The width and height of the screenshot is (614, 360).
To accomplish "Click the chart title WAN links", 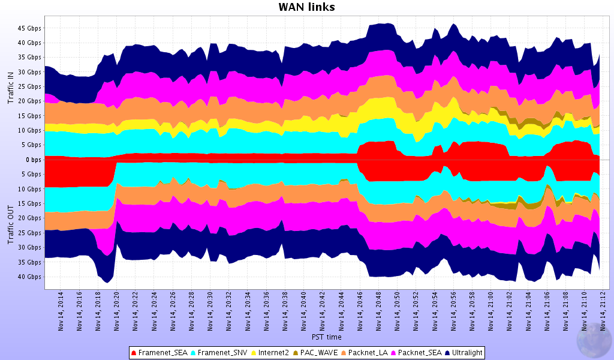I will pyautogui.click(x=306, y=7).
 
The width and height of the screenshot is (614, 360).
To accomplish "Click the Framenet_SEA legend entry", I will pyautogui.click(x=159, y=353).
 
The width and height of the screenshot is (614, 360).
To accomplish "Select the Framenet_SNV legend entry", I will pyautogui.click(x=218, y=353).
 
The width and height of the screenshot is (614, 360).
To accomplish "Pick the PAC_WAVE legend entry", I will pyautogui.click(x=318, y=353).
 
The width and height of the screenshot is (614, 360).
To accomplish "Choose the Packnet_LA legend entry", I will pyautogui.click(x=367, y=353).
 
